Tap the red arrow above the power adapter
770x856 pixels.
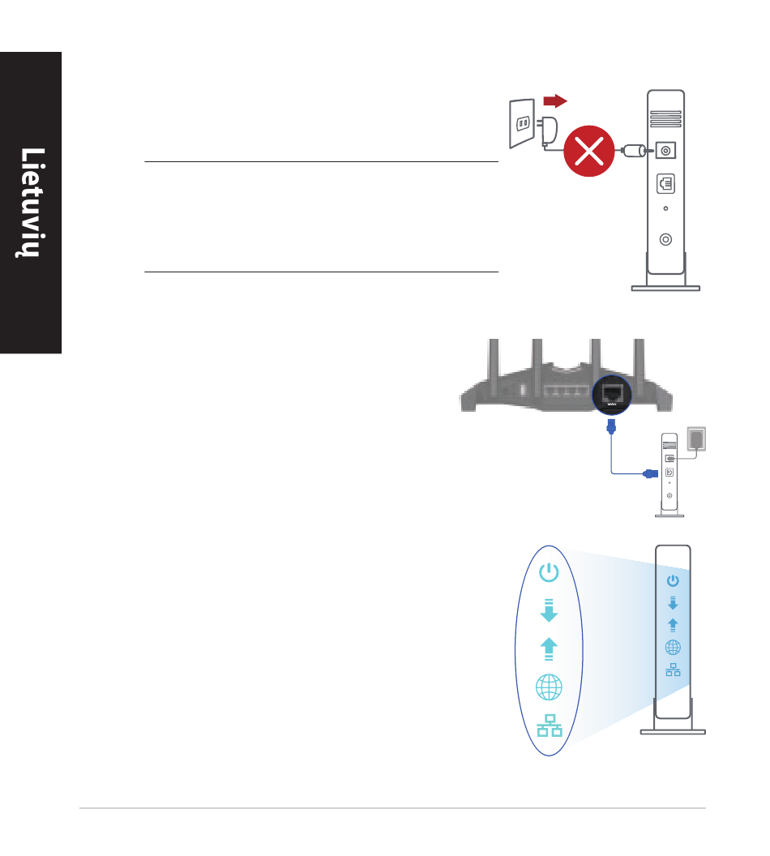[x=554, y=100]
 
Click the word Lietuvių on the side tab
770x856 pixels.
[x=31, y=203]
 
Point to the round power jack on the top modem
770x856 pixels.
[x=665, y=151]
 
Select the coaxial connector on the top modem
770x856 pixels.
[x=665, y=239]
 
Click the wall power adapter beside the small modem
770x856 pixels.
[x=696, y=439]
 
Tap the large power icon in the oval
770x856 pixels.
[x=549, y=574]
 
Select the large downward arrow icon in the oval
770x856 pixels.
[x=549, y=610]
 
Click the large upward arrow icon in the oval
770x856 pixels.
[x=549, y=649]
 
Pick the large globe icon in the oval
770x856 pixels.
[x=549, y=688]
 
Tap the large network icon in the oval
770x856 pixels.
[x=549, y=724]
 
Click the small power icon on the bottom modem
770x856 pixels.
[x=673, y=580]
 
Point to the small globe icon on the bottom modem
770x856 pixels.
[x=673, y=647]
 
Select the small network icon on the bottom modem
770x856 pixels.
[x=673, y=670]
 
